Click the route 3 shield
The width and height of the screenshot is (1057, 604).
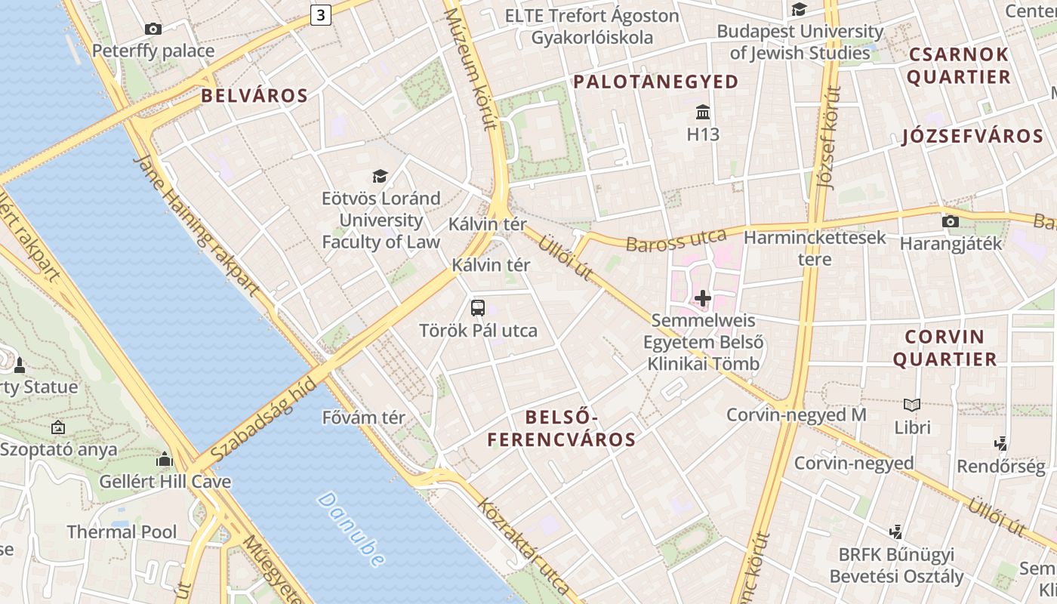point(322,14)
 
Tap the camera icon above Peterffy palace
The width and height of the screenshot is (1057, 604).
point(153,29)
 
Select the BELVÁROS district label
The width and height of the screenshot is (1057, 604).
point(254,96)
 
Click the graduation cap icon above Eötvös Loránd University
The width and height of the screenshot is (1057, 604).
point(380,177)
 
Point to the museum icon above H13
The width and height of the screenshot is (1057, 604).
point(703,112)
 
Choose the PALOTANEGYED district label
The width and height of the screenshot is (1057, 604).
point(655,82)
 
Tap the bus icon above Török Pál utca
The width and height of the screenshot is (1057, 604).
point(478,307)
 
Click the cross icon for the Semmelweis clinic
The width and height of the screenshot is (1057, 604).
point(703,298)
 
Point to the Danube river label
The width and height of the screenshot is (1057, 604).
point(351,529)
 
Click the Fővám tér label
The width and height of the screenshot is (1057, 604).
point(363,418)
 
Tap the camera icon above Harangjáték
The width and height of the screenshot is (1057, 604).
point(951,221)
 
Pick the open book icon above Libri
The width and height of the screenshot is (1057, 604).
point(912,405)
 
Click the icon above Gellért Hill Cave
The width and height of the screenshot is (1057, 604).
point(165,459)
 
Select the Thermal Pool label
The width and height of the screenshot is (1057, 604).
point(122,532)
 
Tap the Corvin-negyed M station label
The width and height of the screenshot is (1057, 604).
point(796,414)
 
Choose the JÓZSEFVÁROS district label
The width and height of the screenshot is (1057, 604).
point(972,137)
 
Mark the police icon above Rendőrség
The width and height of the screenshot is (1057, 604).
point(1001,443)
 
